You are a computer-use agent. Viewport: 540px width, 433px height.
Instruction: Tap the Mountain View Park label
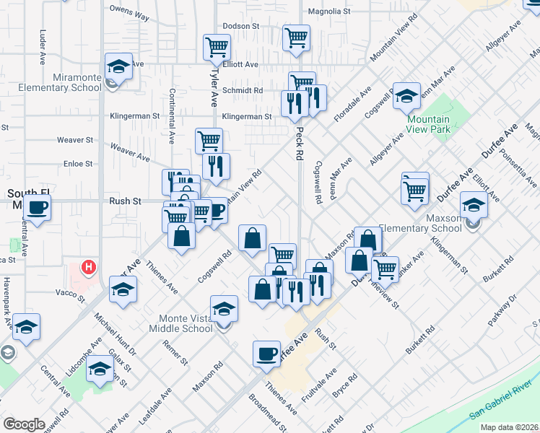point(428,124)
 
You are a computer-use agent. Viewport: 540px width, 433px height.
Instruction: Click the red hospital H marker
point(89,268)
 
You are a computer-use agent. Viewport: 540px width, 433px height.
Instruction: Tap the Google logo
point(25,424)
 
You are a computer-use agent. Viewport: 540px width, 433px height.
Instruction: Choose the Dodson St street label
point(240,26)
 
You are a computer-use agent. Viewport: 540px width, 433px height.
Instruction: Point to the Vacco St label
point(71,293)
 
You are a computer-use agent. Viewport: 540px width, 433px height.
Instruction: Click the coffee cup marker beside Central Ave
point(37,209)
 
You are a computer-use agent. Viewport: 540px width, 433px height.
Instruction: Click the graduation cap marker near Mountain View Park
point(406,96)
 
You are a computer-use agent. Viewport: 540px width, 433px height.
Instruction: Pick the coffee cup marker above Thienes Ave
point(267,353)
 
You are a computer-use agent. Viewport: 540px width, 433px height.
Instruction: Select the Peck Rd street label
point(298,144)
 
